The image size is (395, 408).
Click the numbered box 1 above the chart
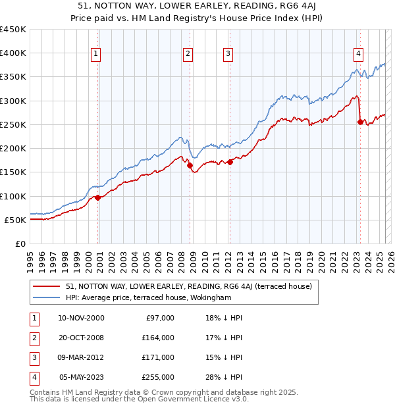pos(96,54)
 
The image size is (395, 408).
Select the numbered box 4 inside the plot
pos(358,54)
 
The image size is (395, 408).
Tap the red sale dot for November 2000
pos(97,197)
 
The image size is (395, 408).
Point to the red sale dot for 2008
pos(190,166)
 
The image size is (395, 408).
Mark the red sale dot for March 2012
pos(230,163)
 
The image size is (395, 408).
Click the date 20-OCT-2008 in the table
pos(81,338)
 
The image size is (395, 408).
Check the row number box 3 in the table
pos(34,358)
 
